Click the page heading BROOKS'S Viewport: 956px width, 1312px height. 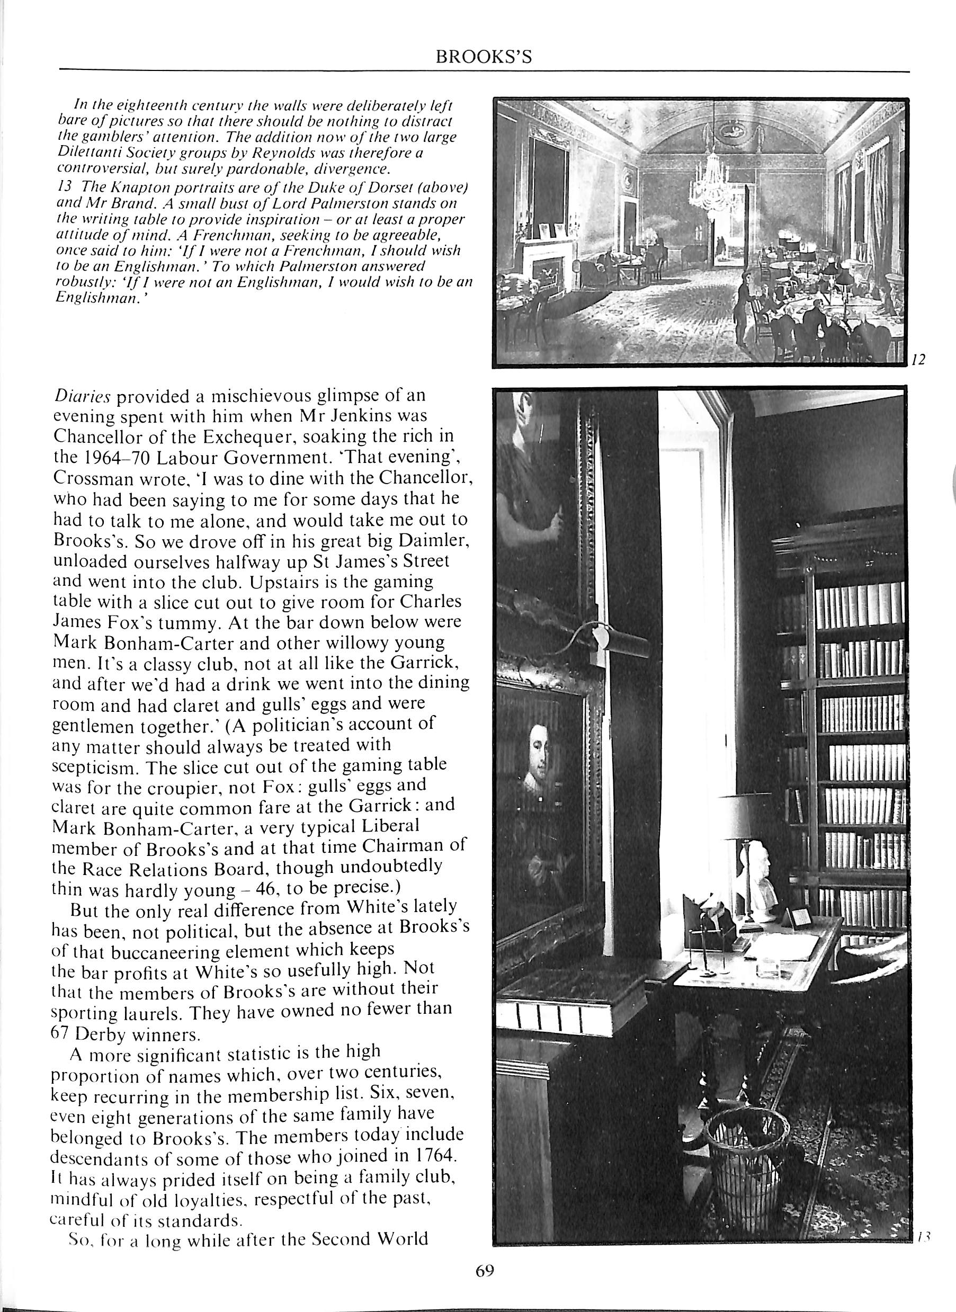click(483, 57)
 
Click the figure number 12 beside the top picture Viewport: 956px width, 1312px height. click(918, 360)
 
